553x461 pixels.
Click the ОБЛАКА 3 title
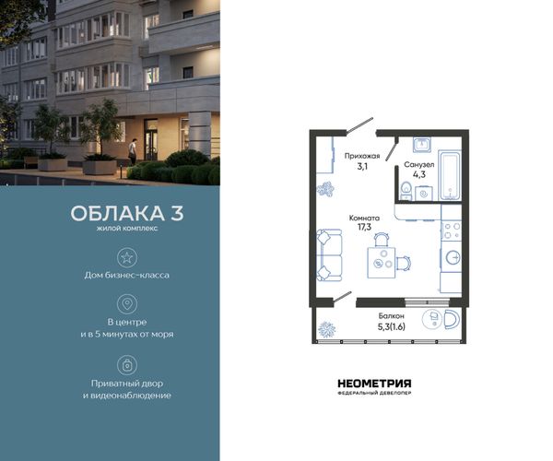(x=127, y=213)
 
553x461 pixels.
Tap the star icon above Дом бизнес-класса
(x=127, y=257)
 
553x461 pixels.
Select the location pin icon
(x=127, y=303)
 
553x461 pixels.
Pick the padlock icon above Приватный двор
(x=127, y=365)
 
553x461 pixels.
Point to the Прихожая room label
(x=362, y=156)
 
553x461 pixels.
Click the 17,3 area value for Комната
(x=364, y=227)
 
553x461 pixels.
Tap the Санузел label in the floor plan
(x=419, y=165)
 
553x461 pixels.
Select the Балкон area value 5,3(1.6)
(x=392, y=327)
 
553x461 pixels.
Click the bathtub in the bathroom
(x=450, y=175)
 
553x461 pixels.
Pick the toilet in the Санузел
(x=406, y=191)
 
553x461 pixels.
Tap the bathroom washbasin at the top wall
(x=422, y=144)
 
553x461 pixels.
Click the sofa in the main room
(x=329, y=255)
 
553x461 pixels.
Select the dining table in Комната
(x=382, y=263)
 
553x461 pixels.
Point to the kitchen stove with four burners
(x=451, y=230)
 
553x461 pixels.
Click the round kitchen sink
(x=453, y=257)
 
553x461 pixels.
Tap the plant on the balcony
(x=326, y=330)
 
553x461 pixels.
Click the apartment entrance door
(x=359, y=126)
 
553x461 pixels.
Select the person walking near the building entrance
(x=132, y=151)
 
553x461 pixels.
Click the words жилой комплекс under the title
(x=127, y=229)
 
